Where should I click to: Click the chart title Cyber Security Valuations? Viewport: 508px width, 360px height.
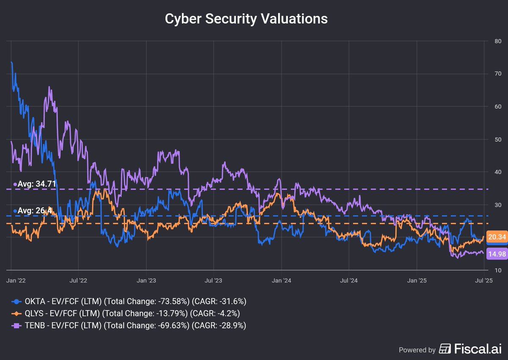246,19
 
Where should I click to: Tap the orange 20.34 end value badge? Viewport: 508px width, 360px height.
496,237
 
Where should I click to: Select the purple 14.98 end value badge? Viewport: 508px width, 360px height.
496,254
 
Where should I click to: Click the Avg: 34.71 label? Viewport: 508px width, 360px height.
36,184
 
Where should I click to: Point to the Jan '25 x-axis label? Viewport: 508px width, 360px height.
417,280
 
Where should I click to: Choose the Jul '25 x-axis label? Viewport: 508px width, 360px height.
483,280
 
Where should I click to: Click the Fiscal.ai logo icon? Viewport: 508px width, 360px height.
445,349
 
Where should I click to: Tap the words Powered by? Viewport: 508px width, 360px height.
417,350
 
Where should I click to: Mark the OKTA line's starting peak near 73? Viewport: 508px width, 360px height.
11,63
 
